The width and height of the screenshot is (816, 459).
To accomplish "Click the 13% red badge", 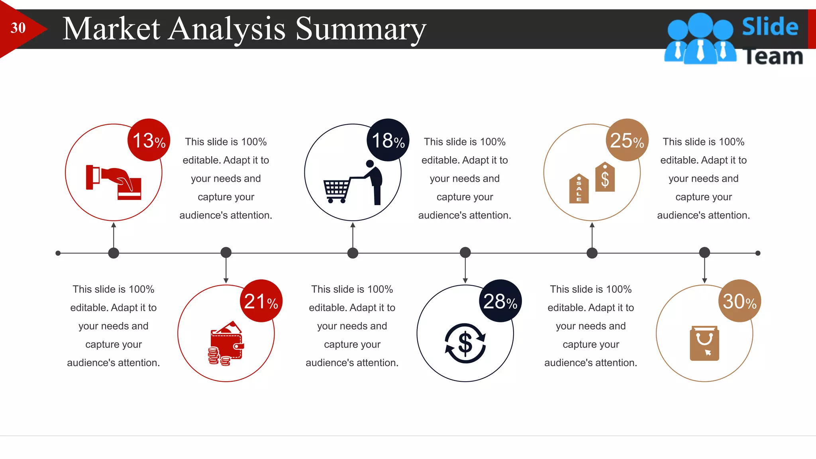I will tap(149, 140).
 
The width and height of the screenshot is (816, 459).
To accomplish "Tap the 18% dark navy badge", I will tap(388, 140).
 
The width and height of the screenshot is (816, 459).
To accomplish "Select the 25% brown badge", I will tap(627, 140).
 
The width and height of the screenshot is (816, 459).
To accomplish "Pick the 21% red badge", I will tap(261, 301).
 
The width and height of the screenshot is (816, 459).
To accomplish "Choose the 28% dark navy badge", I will tap(500, 301).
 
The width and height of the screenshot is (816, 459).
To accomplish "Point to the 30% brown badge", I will tap(740, 301).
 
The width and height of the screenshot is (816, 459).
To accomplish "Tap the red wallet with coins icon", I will tap(226, 343).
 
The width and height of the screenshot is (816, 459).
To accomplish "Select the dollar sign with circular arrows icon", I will tap(465, 343).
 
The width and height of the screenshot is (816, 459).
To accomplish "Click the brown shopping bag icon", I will tap(704, 343).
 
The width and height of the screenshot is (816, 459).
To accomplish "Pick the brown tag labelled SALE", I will tap(579, 188).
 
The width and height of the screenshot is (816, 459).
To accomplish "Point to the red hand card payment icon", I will tap(114, 182).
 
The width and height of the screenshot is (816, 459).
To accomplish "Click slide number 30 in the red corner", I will tap(18, 28).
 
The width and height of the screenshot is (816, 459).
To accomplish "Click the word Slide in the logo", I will tap(770, 26).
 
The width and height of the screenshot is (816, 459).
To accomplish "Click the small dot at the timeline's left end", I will tap(58, 253).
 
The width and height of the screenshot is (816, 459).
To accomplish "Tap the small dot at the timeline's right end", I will tap(758, 253).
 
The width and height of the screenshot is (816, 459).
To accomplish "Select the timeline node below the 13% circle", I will tap(114, 253).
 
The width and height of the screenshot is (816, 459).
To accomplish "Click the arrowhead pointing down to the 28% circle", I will tap(465, 280).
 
